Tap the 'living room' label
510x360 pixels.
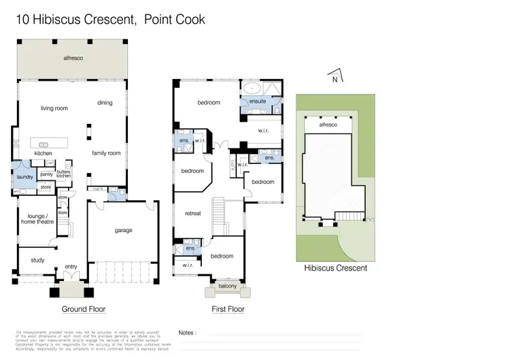point(54,108)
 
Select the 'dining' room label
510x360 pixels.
point(105,103)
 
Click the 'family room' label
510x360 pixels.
point(106,153)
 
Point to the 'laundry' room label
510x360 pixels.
point(24,177)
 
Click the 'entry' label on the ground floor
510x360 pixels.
point(71,267)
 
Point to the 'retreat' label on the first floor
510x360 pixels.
point(193,214)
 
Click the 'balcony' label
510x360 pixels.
point(227,287)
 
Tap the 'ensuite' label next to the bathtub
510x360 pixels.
point(258,101)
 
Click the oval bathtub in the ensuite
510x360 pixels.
point(251,88)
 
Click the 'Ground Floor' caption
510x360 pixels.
point(84,309)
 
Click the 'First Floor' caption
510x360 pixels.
point(227,309)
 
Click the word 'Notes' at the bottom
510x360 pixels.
point(187,333)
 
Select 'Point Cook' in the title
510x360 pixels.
point(174,20)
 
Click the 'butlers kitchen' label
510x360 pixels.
point(64,174)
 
